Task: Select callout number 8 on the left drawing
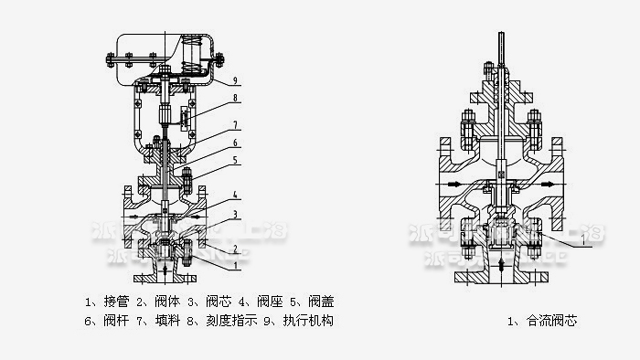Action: [235, 98]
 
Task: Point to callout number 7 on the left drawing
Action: [235, 125]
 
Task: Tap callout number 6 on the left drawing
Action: [235, 143]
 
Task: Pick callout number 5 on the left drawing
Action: [235, 162]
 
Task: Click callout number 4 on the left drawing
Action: [235, 195]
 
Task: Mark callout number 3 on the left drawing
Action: [235, 214]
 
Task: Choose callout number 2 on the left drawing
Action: [235, 248]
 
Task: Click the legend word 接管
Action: [112, 300]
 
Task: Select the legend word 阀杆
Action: [112, 321]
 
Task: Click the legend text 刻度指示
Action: [227, 321]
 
